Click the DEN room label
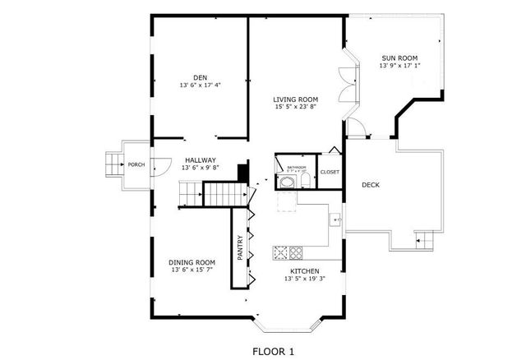(x=200, y=76)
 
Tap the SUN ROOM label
(x=399, y=58)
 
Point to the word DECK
(x=371, y=184)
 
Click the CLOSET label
(x=330, y=172)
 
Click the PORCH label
(x=136, y=164)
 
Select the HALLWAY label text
(x=200, y=159)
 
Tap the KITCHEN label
(x=305, y=270)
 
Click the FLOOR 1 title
(x=272, y=351)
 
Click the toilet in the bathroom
(x=302, y=181)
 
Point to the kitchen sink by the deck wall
(x=336, y=219)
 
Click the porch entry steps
(x=111, y=164)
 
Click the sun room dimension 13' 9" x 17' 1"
(x=399, y=66)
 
